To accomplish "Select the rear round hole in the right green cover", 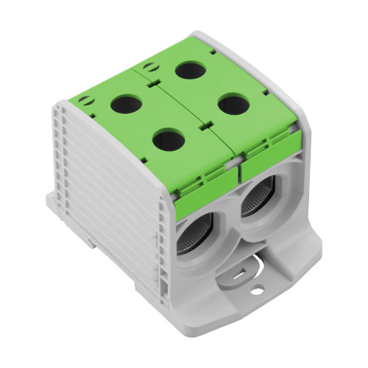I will (x=191, y=71).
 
